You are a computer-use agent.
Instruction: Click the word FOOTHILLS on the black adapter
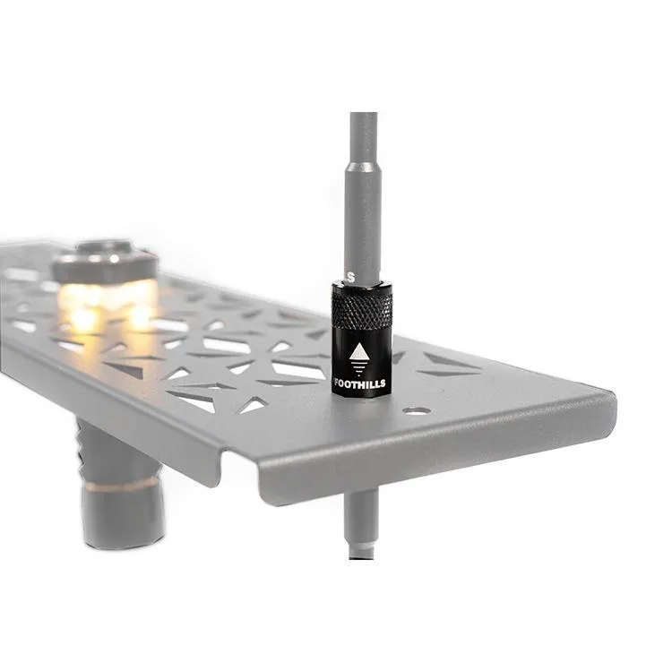point(359,383)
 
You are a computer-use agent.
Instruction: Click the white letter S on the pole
point(351,277)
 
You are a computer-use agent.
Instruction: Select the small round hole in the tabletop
point(417,411)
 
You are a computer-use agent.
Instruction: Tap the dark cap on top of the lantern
point(104,259)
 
